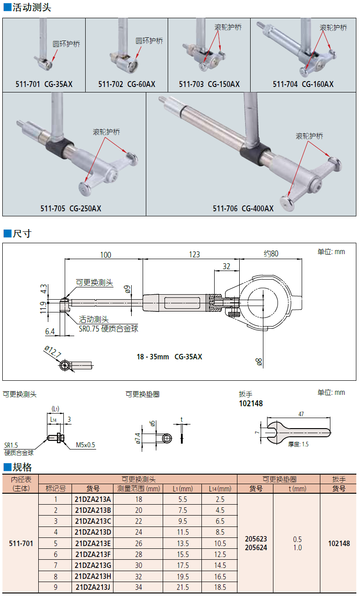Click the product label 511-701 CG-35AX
(44, 84)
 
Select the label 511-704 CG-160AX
(303, 84)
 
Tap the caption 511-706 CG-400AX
(243, 209)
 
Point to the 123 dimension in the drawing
(194, 255)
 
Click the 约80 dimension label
(271, 254)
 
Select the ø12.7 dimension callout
(53, 352)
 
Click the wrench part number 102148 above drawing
(251, 404)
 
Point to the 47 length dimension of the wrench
(301, 414)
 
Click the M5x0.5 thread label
(86, 445)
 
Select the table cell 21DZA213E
(93, 543)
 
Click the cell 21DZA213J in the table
(93, 587)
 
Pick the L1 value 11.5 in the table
(183, 532)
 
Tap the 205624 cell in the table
(256, 548)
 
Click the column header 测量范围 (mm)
(139, 489)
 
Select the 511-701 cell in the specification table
(21, 543)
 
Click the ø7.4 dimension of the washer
(137, 438)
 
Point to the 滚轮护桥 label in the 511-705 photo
(106, 132)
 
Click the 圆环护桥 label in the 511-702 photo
(149, 41)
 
